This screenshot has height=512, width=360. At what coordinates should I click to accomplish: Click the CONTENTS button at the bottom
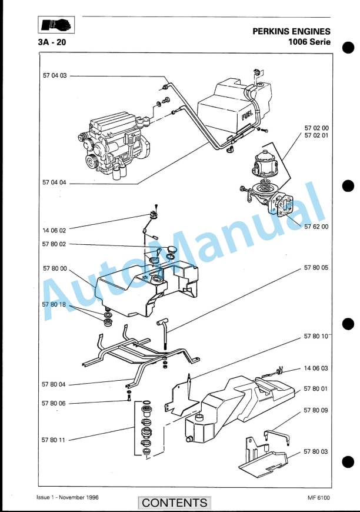(175, 502)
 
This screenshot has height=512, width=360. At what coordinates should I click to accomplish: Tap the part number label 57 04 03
(55, 75)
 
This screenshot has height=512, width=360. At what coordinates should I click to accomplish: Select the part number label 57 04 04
(54, 182)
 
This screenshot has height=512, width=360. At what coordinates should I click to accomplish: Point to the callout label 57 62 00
(316, 227)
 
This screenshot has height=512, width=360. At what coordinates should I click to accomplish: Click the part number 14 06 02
(54, 230)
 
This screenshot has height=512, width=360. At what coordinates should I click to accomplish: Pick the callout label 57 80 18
(54, 304)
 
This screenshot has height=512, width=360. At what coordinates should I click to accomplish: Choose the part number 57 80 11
(53, 440)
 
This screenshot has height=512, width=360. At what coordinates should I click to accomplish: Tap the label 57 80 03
(316, 451)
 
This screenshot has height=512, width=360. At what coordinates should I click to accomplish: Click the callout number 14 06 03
(316, 368)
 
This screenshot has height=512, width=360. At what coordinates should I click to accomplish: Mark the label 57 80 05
(316, 267)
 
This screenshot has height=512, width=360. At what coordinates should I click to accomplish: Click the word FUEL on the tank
(248, 115)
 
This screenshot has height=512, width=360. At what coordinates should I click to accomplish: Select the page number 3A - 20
(52, 42)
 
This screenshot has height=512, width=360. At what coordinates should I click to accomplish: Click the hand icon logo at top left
(56, 25)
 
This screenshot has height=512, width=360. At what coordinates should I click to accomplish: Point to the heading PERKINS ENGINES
(291, 31)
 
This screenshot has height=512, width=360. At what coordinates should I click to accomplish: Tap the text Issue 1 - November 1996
(68, 497)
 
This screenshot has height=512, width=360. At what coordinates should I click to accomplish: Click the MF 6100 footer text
(319, 498)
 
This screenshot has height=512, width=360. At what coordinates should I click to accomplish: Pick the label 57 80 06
(54, 403)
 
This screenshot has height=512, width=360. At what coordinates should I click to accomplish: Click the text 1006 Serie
(309, 42)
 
